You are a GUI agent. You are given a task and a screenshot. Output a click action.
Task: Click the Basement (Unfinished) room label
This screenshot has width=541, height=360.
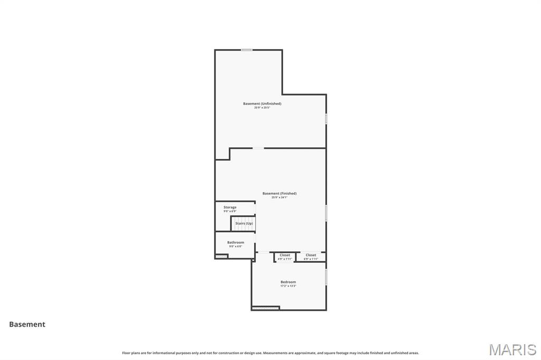tap(262, 103)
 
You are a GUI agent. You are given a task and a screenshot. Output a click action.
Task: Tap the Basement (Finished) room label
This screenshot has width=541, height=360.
tap(279, 193)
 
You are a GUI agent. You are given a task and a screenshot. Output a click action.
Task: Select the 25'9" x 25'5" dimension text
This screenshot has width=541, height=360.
tap(262, 108)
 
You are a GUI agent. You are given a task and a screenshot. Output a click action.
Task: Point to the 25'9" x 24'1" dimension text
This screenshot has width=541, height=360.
tap(279, 197)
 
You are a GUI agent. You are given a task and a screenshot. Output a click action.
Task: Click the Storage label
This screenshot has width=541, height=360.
tap(230, 207)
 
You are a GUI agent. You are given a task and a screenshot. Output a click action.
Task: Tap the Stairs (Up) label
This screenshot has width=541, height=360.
tap(244, 223)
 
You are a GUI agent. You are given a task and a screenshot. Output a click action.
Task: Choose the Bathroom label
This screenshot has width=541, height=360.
tap(236, 242)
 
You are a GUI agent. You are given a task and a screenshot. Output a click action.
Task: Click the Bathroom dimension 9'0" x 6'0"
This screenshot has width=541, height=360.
tap(236, 247)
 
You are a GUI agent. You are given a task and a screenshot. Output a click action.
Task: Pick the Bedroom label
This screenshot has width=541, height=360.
tap(288, 282)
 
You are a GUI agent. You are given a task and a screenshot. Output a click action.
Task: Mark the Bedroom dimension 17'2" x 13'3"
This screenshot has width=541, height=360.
tap(288, 286)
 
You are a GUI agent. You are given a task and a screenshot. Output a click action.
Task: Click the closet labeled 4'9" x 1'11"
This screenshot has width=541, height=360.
tap(285, 257)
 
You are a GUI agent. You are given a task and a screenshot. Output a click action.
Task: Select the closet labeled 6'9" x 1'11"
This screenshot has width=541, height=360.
tap(311, 257)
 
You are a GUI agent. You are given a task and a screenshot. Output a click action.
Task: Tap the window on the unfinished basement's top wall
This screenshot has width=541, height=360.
tap(246, 50)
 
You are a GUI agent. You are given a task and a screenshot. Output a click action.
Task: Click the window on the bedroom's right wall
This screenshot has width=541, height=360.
tap(326, 277)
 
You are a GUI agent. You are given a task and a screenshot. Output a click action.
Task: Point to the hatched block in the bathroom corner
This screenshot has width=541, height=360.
tap(221, 257)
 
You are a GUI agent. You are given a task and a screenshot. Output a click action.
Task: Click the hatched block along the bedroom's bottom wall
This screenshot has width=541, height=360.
tap(266, 308)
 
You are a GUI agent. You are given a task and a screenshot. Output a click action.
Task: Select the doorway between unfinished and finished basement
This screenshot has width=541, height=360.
tap(258, 148)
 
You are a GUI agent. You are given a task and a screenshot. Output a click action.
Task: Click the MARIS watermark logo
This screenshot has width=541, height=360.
tap(512, 349)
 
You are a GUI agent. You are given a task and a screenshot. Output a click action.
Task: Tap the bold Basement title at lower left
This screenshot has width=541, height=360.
tap(27, 325)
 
